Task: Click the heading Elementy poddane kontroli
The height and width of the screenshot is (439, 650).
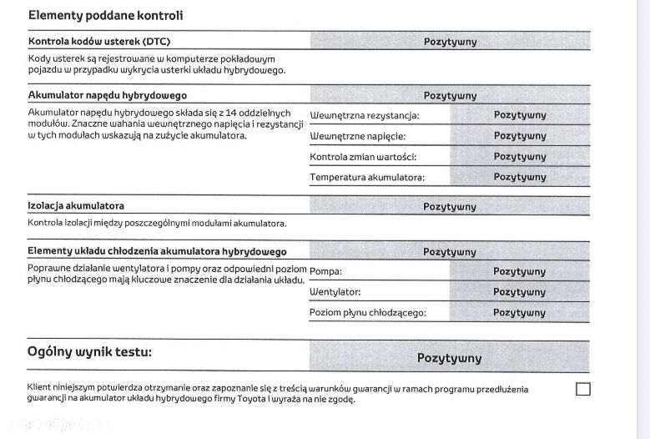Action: [105, 16]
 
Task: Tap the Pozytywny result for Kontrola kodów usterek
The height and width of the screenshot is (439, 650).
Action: [450, 41]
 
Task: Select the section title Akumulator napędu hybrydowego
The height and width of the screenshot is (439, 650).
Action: [107, 95]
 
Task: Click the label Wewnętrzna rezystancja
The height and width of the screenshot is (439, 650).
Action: [365, 115]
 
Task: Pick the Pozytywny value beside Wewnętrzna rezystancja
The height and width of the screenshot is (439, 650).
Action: [520, 115]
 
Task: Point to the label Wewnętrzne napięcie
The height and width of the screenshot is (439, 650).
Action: [358, 136]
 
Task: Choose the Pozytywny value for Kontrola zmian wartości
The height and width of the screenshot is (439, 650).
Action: [520, 157]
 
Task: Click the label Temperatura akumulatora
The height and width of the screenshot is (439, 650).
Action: [367, 177]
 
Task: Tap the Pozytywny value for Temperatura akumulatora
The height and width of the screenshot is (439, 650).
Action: [520, 177]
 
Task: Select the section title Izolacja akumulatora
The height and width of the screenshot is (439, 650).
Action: [82, 206]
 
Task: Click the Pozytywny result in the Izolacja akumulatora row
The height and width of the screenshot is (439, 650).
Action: [450, 206]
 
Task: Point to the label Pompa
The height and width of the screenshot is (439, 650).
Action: [325, 271]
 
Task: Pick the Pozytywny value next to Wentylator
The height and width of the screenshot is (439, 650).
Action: [519, 292]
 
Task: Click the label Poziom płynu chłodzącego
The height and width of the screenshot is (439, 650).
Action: [368, 313]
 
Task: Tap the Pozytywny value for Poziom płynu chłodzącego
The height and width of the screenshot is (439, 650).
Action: [519, 313]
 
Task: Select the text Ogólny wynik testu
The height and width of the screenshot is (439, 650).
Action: [90, 352]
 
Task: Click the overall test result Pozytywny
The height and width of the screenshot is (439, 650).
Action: [449, 358]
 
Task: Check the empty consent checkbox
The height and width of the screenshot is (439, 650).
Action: [583, 389]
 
